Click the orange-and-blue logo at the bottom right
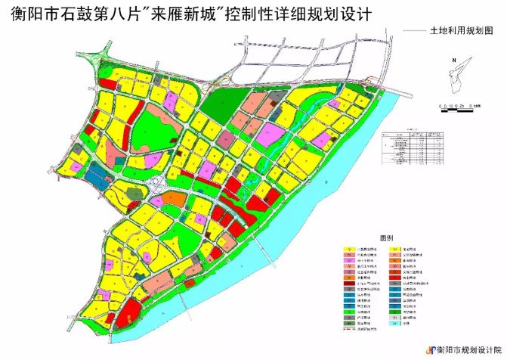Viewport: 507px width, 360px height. [431, 349]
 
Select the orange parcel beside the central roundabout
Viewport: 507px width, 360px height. [175, 199]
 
